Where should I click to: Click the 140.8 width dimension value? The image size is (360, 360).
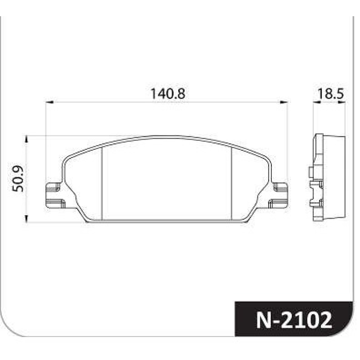point(167,94)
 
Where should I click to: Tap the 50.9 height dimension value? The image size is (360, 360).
point(18,179)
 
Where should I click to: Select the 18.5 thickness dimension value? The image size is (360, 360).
point(331,94)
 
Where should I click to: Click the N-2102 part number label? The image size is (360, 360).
point(294,320)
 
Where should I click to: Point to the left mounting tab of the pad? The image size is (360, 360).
point(54,195)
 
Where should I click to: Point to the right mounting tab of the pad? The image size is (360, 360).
point(279,195)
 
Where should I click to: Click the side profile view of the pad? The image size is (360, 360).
point(327,177)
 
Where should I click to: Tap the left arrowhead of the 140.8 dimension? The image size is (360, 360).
point(49,102)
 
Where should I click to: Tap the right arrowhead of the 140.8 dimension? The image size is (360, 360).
point(284,102)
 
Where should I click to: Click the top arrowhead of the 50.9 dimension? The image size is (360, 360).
point(27,139)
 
